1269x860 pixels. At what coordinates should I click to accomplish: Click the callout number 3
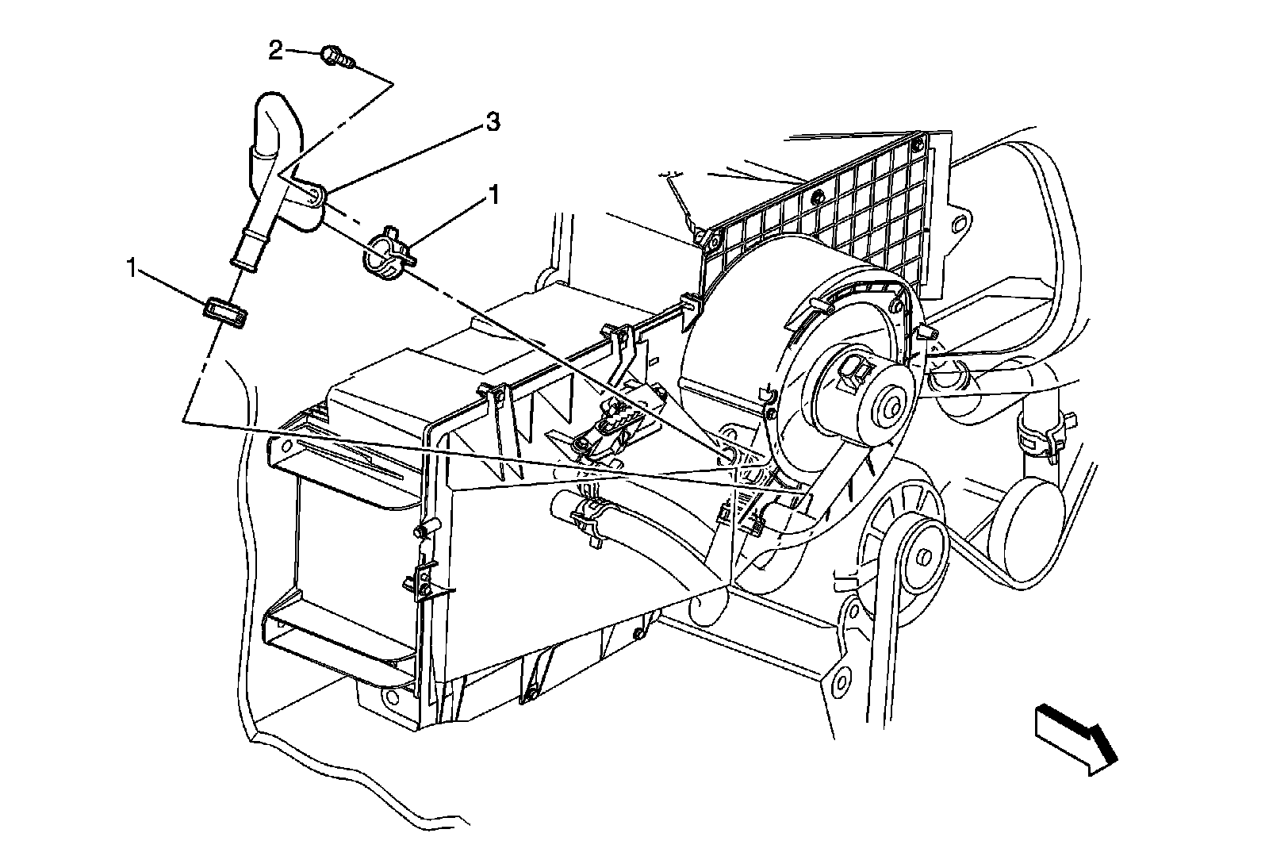[493, 123]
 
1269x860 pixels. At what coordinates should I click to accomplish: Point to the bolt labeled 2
[335, 56]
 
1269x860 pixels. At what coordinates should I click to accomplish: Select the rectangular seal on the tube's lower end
[226, 312]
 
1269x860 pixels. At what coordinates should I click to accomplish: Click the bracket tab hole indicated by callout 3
[314, 195]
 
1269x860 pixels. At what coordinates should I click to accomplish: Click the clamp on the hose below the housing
[590, 516]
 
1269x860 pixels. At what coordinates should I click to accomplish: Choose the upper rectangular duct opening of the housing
[341, 468]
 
